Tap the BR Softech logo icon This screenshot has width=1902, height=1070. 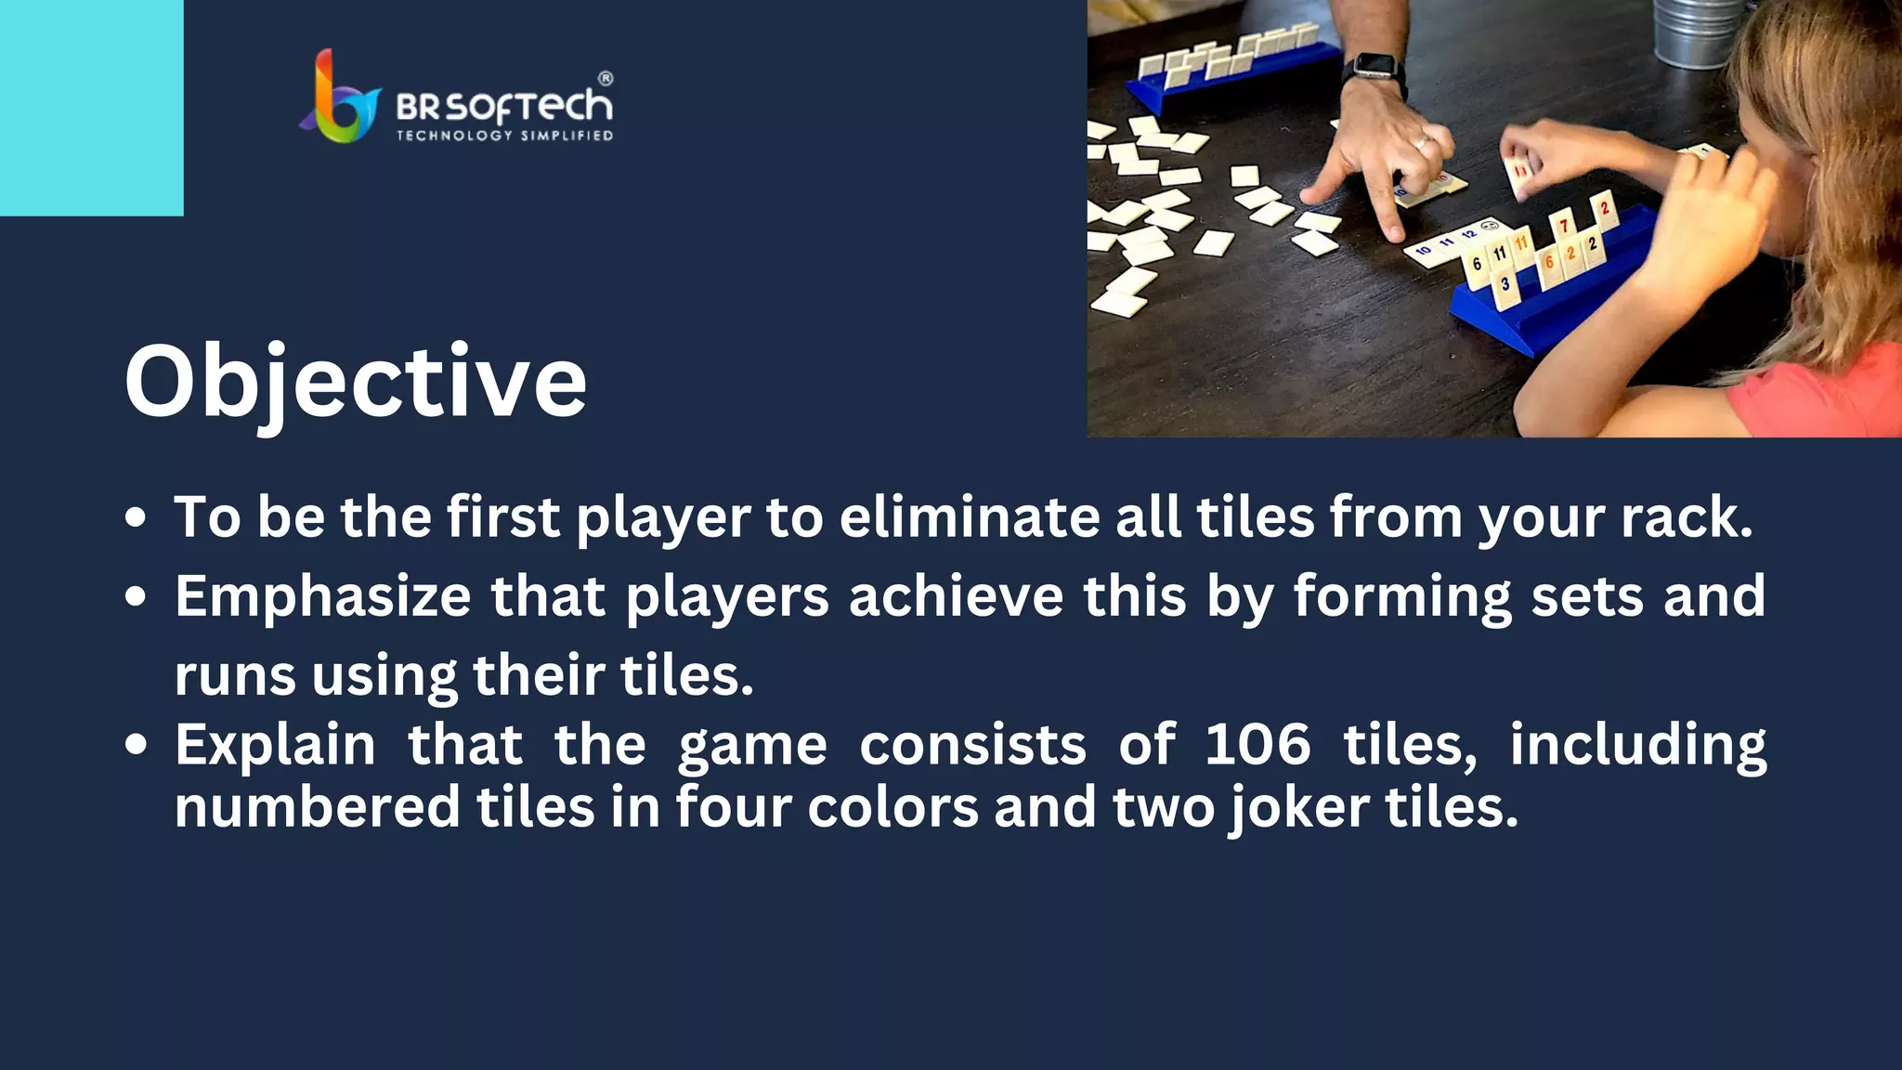click(339, 98)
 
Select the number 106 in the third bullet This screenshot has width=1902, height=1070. click(1257, 745)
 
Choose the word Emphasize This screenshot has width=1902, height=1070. click(322, 595)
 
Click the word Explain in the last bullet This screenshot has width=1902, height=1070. click(275, 745)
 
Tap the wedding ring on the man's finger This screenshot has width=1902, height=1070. click(1421, 144)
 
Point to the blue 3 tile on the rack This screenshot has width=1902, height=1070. click(1505, 284)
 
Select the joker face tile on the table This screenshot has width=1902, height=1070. click(1489, 226)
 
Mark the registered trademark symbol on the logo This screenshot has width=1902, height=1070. click(605, 79)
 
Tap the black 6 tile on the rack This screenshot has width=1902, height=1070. click(1477, 264)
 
